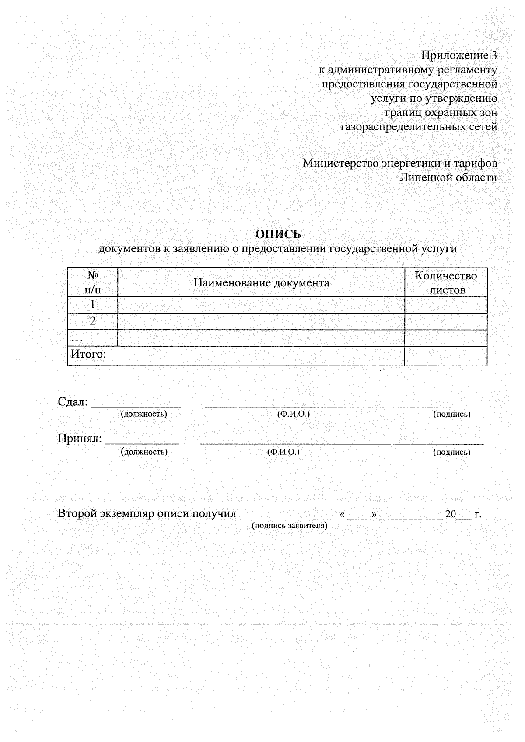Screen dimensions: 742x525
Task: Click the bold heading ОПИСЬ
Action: (278, 234)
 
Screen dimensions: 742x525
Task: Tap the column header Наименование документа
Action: (261, 283)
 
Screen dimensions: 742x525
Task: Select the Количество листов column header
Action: (446, 283)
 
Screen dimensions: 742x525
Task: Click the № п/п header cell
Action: (93, 283)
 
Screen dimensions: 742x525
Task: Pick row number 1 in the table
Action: (93, 305)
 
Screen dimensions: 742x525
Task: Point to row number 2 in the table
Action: (93, 321)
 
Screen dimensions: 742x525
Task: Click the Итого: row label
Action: (89, 354)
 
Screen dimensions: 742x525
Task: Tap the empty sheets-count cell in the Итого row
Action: (445, 356)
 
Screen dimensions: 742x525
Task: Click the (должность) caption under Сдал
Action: (144, 414)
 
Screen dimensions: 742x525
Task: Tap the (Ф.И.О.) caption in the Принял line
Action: (283, 452)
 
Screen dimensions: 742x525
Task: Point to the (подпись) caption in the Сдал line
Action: (451, 414)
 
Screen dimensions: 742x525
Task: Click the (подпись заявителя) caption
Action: (289, 526)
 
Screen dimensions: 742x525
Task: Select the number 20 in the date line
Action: (451, 514)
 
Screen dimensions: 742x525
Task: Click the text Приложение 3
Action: (459, 56)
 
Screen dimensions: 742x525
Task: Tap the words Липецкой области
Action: (448, 178)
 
